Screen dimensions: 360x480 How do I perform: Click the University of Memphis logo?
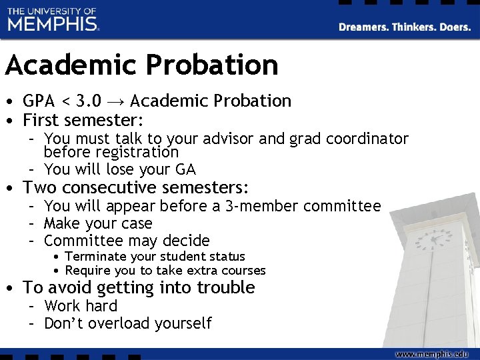coord(53,20)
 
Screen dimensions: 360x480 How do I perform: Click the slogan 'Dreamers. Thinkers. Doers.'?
coord(405,27)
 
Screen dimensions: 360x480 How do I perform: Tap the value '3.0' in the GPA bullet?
coord(89,101)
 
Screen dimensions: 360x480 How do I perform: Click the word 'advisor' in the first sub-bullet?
coord(226,139)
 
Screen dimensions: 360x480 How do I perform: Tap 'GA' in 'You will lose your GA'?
coord(186,169)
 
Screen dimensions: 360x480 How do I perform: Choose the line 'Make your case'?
coord(98,223)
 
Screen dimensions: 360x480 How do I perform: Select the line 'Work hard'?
coord(81,307)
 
